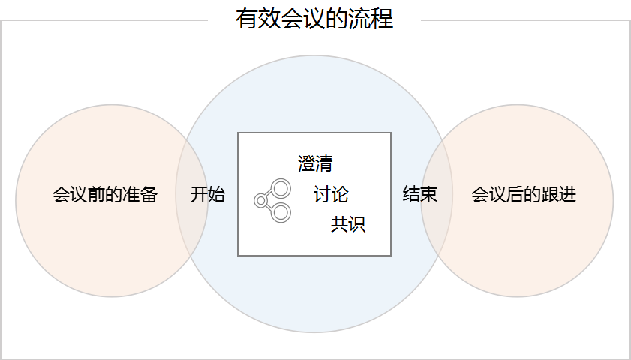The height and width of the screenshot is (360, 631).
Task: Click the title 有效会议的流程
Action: (x=314, y=18)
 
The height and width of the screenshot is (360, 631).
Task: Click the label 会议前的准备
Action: (x=105, y=195)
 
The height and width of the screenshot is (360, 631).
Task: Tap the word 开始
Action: (x=208, y=195)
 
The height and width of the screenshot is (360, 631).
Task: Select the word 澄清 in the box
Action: (x=315, y=163)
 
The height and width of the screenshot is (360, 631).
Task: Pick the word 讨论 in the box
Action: (x=331, y=195)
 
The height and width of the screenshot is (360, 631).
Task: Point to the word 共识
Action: (x=348, y=224)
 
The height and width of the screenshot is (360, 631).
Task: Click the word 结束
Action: (x=420, y=195)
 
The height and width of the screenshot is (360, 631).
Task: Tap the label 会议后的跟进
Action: (x=524, y=195)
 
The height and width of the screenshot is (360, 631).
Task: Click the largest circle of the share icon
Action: (x=281, y=187)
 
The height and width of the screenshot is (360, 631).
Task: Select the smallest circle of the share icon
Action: (x=260, y=200)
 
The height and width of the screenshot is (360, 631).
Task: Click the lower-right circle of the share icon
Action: (x=281, y=213)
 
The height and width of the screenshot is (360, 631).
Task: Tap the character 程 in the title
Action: (x=382, y=18)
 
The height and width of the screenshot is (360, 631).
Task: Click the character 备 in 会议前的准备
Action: (x=149, y=195)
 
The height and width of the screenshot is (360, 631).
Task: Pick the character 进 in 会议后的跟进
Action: (x=568, y=195)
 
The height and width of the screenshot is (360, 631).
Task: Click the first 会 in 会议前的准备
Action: (x=62, y=195)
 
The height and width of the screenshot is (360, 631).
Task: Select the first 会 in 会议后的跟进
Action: (x=480, y=195)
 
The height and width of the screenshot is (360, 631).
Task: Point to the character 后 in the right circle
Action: (x=515, y=195)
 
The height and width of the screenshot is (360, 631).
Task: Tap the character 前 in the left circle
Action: (x=97, y=195)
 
